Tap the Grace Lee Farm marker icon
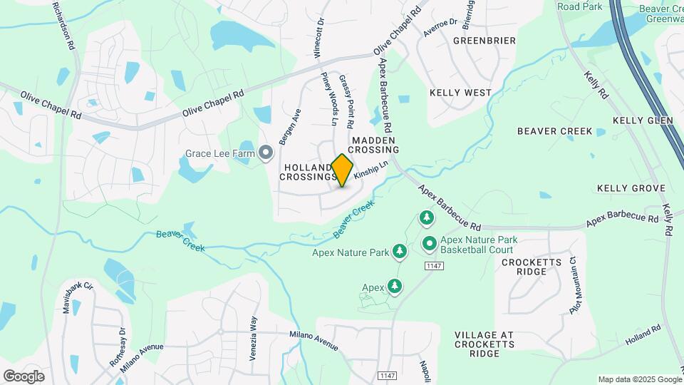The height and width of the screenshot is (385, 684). pos(266,153)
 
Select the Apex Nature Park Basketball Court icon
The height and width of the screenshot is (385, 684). pos(429,245)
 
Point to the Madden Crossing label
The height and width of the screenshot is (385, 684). pos(374,145)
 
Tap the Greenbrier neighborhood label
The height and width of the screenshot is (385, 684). pos(484,41)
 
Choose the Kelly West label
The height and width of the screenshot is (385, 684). pos(460,93)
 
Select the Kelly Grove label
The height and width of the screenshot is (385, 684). pos(631,188)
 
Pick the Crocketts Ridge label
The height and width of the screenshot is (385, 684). pos(534,267)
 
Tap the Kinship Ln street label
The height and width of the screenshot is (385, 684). pos(370,170)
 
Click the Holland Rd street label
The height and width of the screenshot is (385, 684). pos(644,333)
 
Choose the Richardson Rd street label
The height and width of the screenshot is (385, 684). pos(63,24)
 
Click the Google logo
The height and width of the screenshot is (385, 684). pos(24,376)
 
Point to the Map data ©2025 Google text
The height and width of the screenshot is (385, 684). pos(639,379)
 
